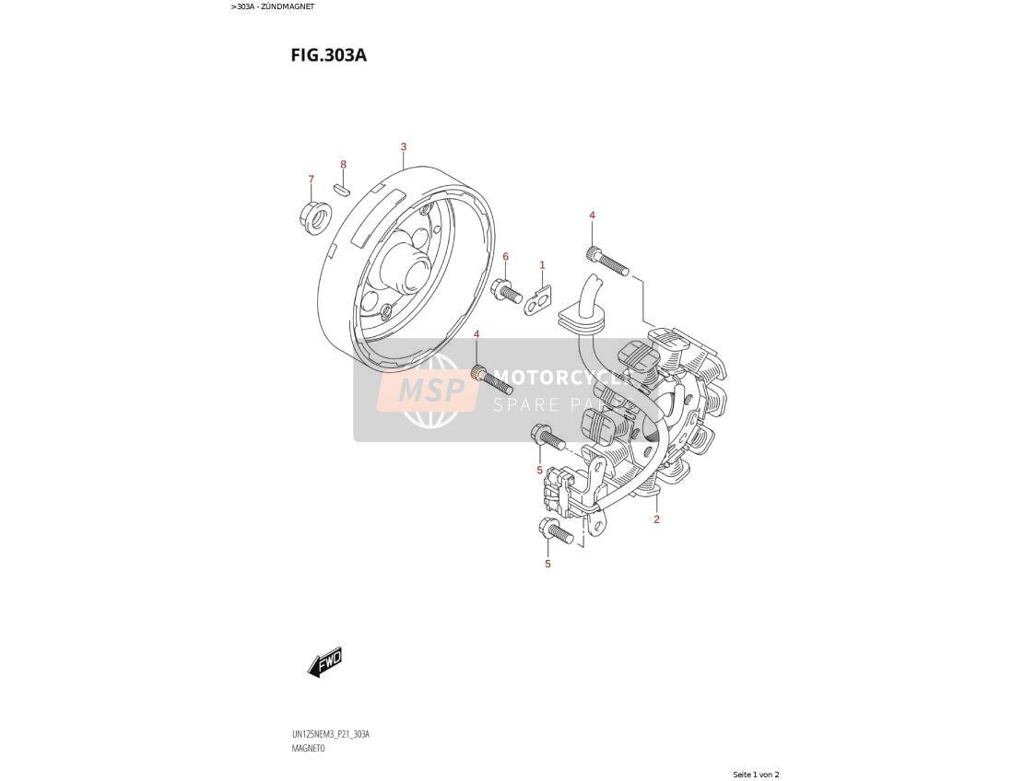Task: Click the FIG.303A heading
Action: coord(328,55)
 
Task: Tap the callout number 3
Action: coord(404,146)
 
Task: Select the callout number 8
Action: coord(344,165)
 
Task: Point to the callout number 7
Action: coord(312,179)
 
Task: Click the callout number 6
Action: coord(506,257)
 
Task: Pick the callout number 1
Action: coord(542,264)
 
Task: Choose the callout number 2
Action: coord(656,519)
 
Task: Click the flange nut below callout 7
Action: coord(315,218)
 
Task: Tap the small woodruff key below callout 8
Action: coord(341,189)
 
